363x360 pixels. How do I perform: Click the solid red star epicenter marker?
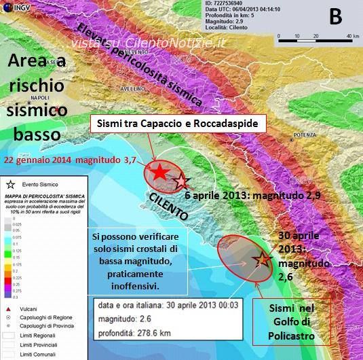pyautogui.click(x=157, y=173)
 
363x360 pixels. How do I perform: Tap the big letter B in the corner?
pyautogui.click(x=335, y=17)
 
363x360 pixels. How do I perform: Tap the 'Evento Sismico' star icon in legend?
pyautogui.click(x=10, y=184)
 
